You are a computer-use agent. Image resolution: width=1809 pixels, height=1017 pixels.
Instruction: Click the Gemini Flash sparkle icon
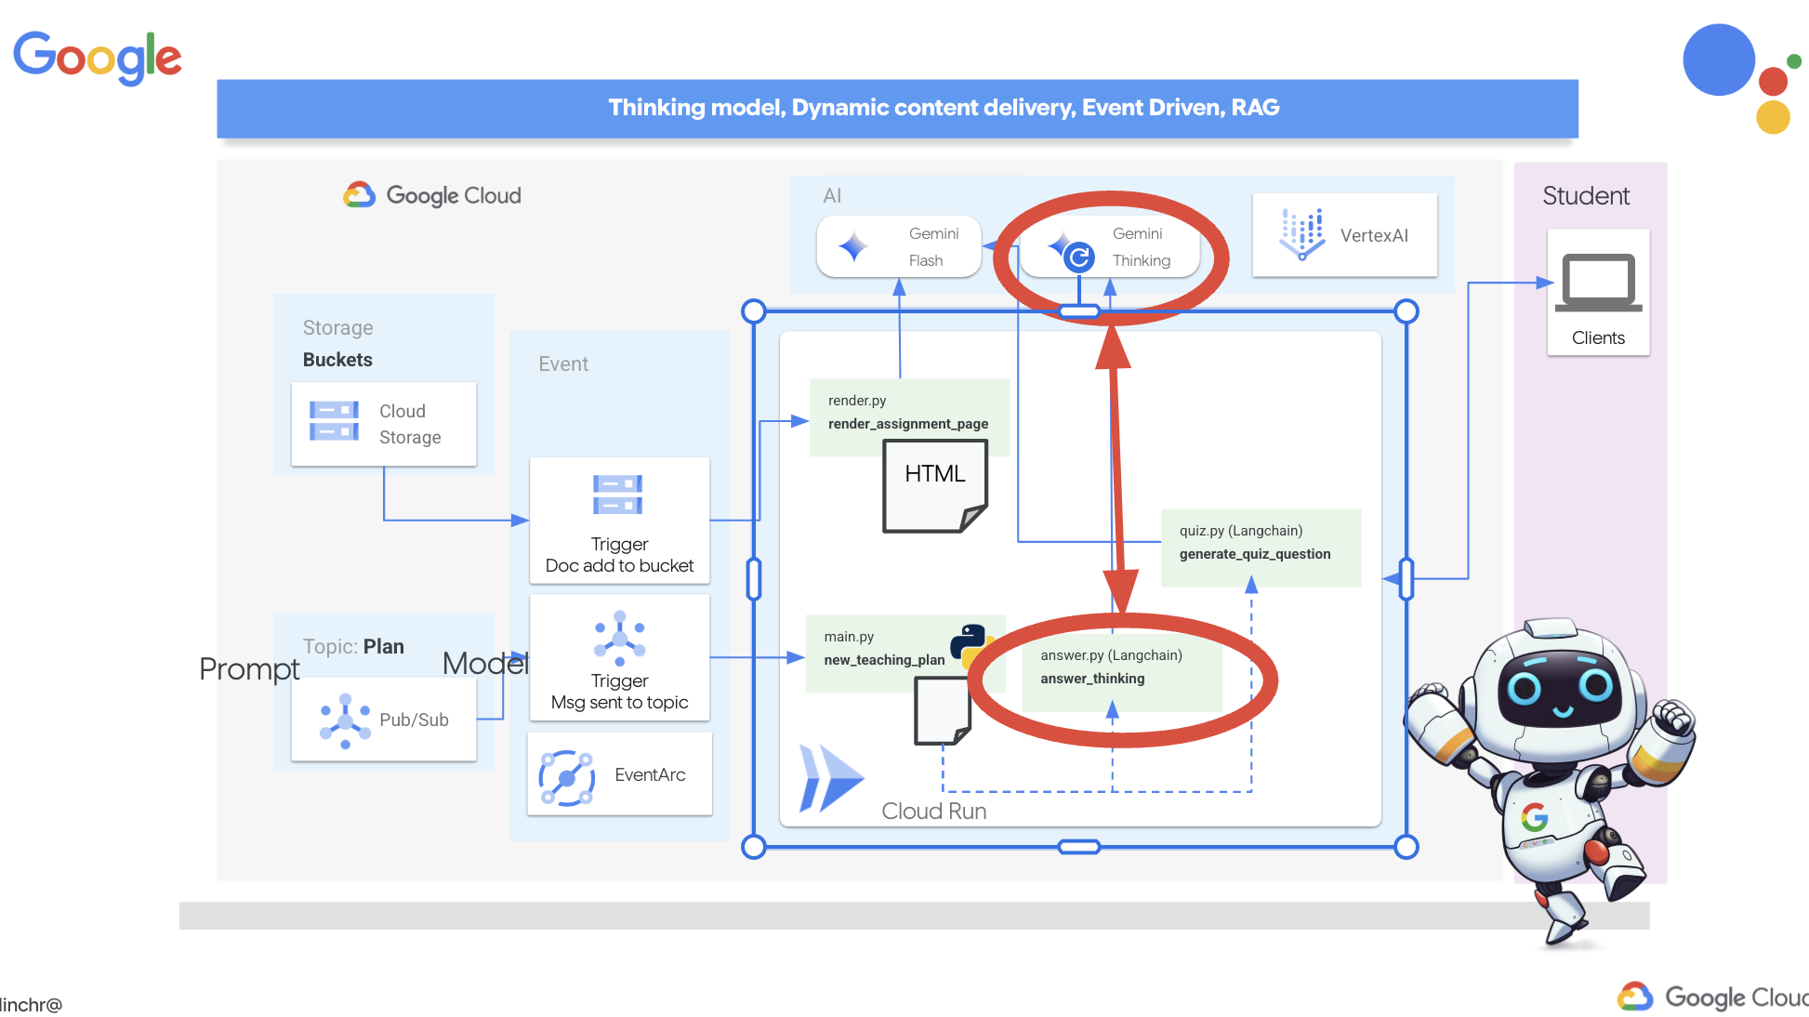click(852, 247)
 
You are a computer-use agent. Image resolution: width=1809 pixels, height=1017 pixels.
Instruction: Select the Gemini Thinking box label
click(1141, 247)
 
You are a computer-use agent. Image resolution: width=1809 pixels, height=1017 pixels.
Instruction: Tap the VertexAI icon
click(1301, 234)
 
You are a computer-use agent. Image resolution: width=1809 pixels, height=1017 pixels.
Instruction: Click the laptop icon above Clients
click(1598, 283)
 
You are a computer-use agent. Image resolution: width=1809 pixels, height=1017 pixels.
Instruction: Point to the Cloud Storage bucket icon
click(334, 421)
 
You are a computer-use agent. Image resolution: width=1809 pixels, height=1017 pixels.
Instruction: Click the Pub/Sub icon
click(345, 720)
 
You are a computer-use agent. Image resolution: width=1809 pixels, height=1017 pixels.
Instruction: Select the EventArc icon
click(567, 777)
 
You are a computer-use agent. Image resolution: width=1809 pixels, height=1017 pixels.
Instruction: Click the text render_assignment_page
click(907, 424)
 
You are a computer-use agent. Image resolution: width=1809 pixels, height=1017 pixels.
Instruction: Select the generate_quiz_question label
click(1254, 554)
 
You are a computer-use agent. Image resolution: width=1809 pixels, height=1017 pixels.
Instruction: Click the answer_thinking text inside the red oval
click(1092, 679)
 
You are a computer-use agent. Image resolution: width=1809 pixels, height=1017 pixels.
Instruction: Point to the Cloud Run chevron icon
click(830, 778)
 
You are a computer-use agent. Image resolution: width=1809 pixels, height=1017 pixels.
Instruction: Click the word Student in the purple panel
click(1586, 196)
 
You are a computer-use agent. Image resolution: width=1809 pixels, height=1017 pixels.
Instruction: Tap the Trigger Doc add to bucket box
click(619, 521)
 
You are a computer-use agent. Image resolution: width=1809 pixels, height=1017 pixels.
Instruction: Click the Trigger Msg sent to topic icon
click(619, 638)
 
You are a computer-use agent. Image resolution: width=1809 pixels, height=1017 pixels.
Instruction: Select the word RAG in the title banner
click(1255, 108)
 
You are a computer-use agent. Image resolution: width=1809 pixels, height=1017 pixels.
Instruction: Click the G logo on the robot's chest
click(1534, 818)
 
